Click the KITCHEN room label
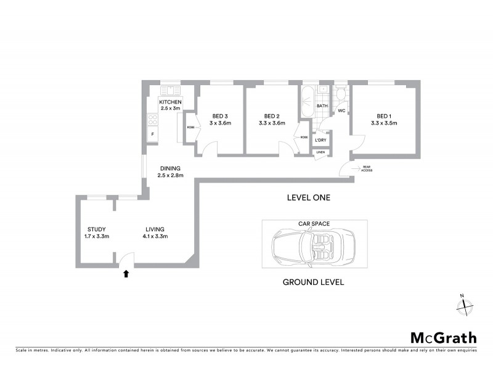point(170,101)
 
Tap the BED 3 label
point(220,116)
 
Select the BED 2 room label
point(272,116)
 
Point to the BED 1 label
point(384,116)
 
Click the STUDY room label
point(97,229)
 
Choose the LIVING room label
point(155,229)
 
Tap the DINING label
point(170,168)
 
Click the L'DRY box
point(321,141)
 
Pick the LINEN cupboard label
point(321,152)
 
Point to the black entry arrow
point(126,273)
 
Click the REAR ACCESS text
point(366,170)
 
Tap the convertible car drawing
point(314,247)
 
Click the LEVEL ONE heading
point(309,198)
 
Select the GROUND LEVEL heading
point(313,282)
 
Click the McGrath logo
point(444,337)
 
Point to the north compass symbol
point(465,303)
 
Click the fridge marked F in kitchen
point(152,133)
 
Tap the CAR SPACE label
point(314,224)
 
